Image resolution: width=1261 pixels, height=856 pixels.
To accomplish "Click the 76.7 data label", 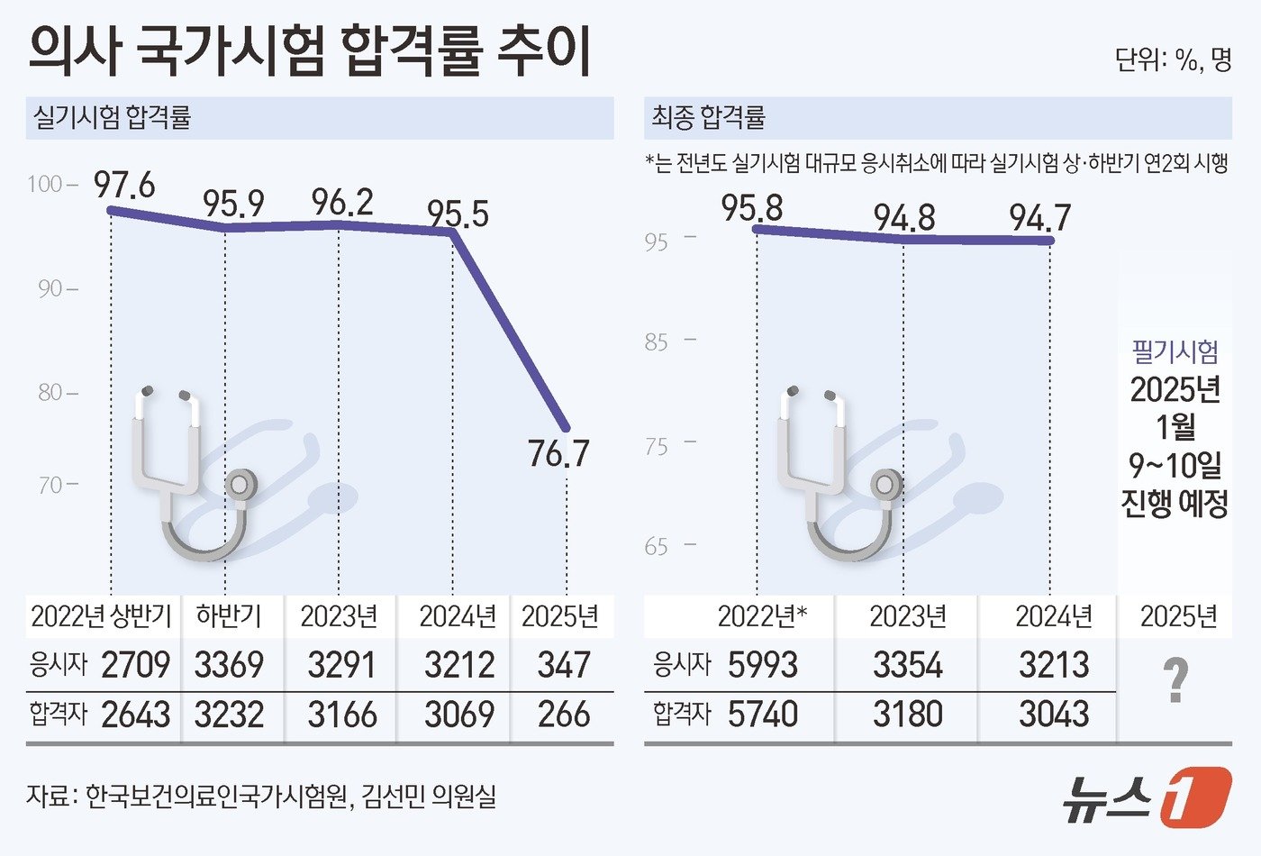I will coord(558,452).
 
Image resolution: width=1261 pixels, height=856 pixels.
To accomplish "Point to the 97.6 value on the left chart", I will coord(125,186).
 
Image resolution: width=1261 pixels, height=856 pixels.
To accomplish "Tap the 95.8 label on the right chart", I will coord(752,208).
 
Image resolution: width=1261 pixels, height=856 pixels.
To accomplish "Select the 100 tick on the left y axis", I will coord(45,185).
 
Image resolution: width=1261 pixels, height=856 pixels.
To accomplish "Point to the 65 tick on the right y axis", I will coord(657,547).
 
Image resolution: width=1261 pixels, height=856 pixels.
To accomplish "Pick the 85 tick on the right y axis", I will coord(657,342).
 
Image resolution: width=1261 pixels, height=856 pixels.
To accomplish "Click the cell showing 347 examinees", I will coord(563,665).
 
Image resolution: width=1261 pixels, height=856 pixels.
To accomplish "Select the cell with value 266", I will coord(564,715).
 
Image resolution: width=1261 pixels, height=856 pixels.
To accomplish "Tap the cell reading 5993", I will coord(763,665).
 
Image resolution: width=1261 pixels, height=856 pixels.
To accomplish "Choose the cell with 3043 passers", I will coord(1054,715).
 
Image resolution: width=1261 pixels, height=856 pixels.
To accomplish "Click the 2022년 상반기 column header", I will coord(101,616).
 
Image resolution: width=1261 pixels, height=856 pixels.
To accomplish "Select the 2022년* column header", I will coord(762,616).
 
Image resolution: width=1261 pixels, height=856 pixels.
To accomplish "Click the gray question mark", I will coord(1175,680).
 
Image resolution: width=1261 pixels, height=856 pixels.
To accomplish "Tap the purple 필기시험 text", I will coord(1175,351).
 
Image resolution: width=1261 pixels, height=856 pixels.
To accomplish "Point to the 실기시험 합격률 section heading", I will coord(112,118).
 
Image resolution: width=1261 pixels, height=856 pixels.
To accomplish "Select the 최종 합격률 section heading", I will coord(709,118).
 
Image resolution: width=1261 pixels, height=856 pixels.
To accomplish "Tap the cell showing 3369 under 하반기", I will coord(229,665).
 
